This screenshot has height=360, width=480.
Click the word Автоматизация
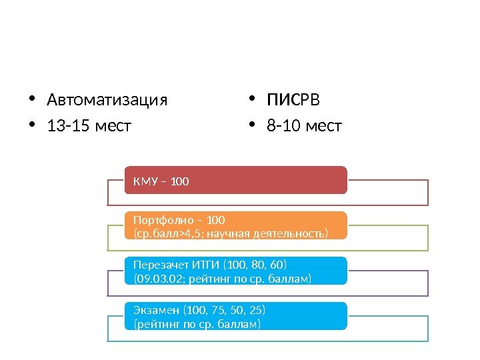107,101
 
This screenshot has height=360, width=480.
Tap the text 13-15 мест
89,125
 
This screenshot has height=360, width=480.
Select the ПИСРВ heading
293,101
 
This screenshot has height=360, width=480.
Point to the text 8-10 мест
304,125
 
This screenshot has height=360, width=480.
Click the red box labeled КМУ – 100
236,180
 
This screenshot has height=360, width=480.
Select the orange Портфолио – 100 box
236,225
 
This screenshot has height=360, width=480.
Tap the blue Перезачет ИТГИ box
236,271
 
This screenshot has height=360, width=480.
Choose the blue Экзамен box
236,316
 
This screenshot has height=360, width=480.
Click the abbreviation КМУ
144,181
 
